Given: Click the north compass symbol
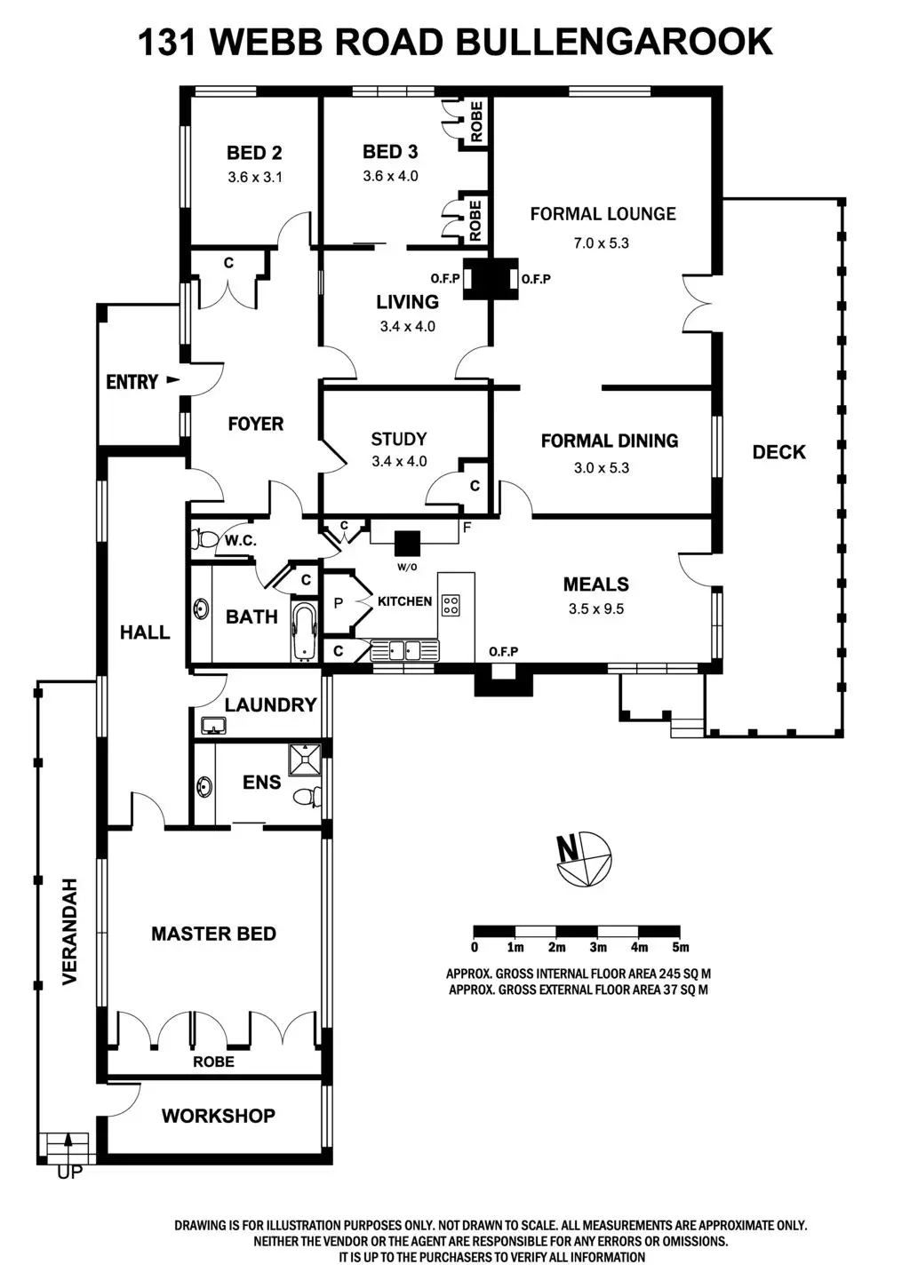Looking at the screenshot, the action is pyautogui.click(x=584, y=860).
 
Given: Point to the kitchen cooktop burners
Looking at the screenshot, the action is pyautogui.click(x=451, y=605).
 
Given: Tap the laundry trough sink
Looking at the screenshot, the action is pyautogui.click(x=213, y=727).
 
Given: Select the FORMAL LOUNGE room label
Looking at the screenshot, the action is pyautogui.click(x=603, y=213).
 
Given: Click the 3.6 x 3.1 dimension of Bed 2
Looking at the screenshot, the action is pyautogui.click(x=254, y=177).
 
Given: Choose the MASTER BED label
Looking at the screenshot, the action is pyautogui.click(x=213, y=934).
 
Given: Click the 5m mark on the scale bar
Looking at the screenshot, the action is pyautogui.click(x=681, y=947).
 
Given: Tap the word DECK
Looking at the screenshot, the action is pyautogui.click(x=778, y=452).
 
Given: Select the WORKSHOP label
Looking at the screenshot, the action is pyautogui.click(x=218, y=1116).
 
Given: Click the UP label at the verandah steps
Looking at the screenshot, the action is pyautogui.click(x=69, y=1173).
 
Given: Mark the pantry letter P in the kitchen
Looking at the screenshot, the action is pyautogui.click(x=338, y=603).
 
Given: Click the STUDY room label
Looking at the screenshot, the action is pyautogui.click(x=398, y=439).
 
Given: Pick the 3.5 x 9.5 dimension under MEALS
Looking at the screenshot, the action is pyautogui.click(x=596, y=609).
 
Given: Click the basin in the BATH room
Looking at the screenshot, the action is pyautogui.click(x=202, y=610).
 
